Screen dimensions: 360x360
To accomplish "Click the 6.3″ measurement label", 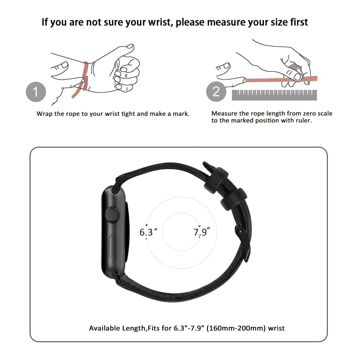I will pyautogui.click(x=149, y=231).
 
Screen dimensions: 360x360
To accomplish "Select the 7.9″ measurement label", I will pyautogui.click(x=202, y=231).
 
